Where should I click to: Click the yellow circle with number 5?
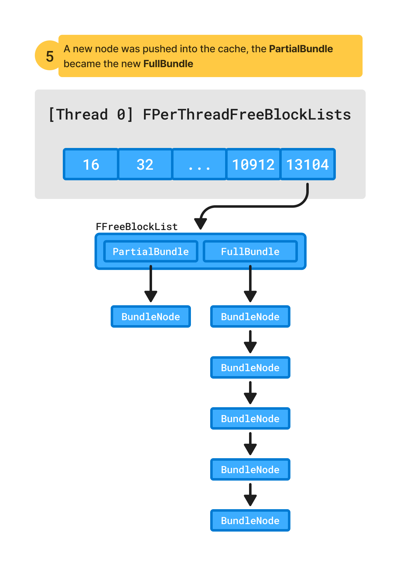[x=48, y=56]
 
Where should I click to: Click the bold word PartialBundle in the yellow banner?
[x=301, y=49]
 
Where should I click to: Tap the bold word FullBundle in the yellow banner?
[x=168, y=64]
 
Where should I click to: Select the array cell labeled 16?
[x=91, y=164]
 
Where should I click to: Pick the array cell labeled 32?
[x=145, y=164]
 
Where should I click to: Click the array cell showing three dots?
[x=199, y=164]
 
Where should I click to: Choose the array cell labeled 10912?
[x=253, y=164]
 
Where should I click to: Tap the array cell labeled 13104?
[x=307, y=164]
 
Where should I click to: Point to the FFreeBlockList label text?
[x=137, y=227]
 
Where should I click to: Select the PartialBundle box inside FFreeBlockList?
[x=150, y=251]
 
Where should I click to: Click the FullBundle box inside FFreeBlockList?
[x=250, y=251]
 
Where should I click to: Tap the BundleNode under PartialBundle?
[x=150, y=316]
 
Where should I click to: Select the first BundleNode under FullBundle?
[x=250, y=316]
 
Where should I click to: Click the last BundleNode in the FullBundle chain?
[x=250, y=520]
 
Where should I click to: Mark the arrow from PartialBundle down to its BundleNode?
[x=150, y=283]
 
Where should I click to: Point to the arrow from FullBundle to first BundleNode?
[x=250, y=283]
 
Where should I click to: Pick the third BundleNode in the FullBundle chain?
[x=250, y=418]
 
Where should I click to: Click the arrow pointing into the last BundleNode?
[x=250, y=494]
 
